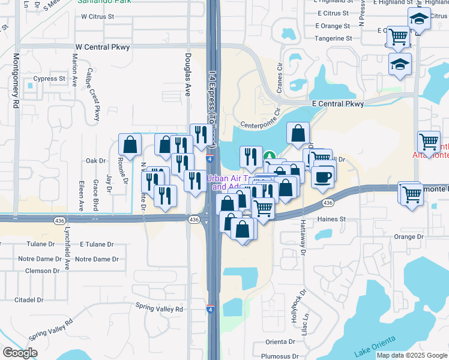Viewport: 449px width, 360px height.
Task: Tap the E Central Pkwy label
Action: tap(338, 104)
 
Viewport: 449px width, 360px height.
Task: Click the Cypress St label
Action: tap(49, 79)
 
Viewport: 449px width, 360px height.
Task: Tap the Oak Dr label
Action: tap(95, 161)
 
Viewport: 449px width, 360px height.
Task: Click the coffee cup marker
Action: tap(324, 177)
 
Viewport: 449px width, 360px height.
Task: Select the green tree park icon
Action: tap(271, 156)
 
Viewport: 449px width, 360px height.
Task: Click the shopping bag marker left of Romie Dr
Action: tap(130, 145)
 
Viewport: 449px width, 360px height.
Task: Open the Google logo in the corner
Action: tap(20, 353)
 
